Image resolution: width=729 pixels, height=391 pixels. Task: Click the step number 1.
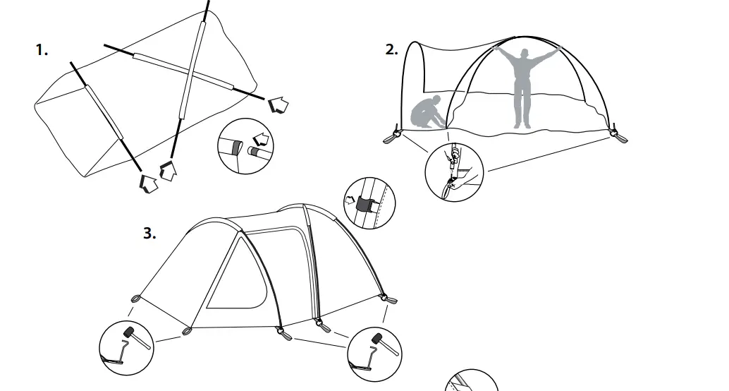(42, 50)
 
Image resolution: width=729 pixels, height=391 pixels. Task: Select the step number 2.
(392, 49)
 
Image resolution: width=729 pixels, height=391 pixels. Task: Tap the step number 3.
(149, 234)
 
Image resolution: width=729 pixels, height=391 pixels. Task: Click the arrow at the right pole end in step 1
(279, 105)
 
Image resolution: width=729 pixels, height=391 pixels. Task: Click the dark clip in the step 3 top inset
(364, 205)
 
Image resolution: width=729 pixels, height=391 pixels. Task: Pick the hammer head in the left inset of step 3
(128, 332)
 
